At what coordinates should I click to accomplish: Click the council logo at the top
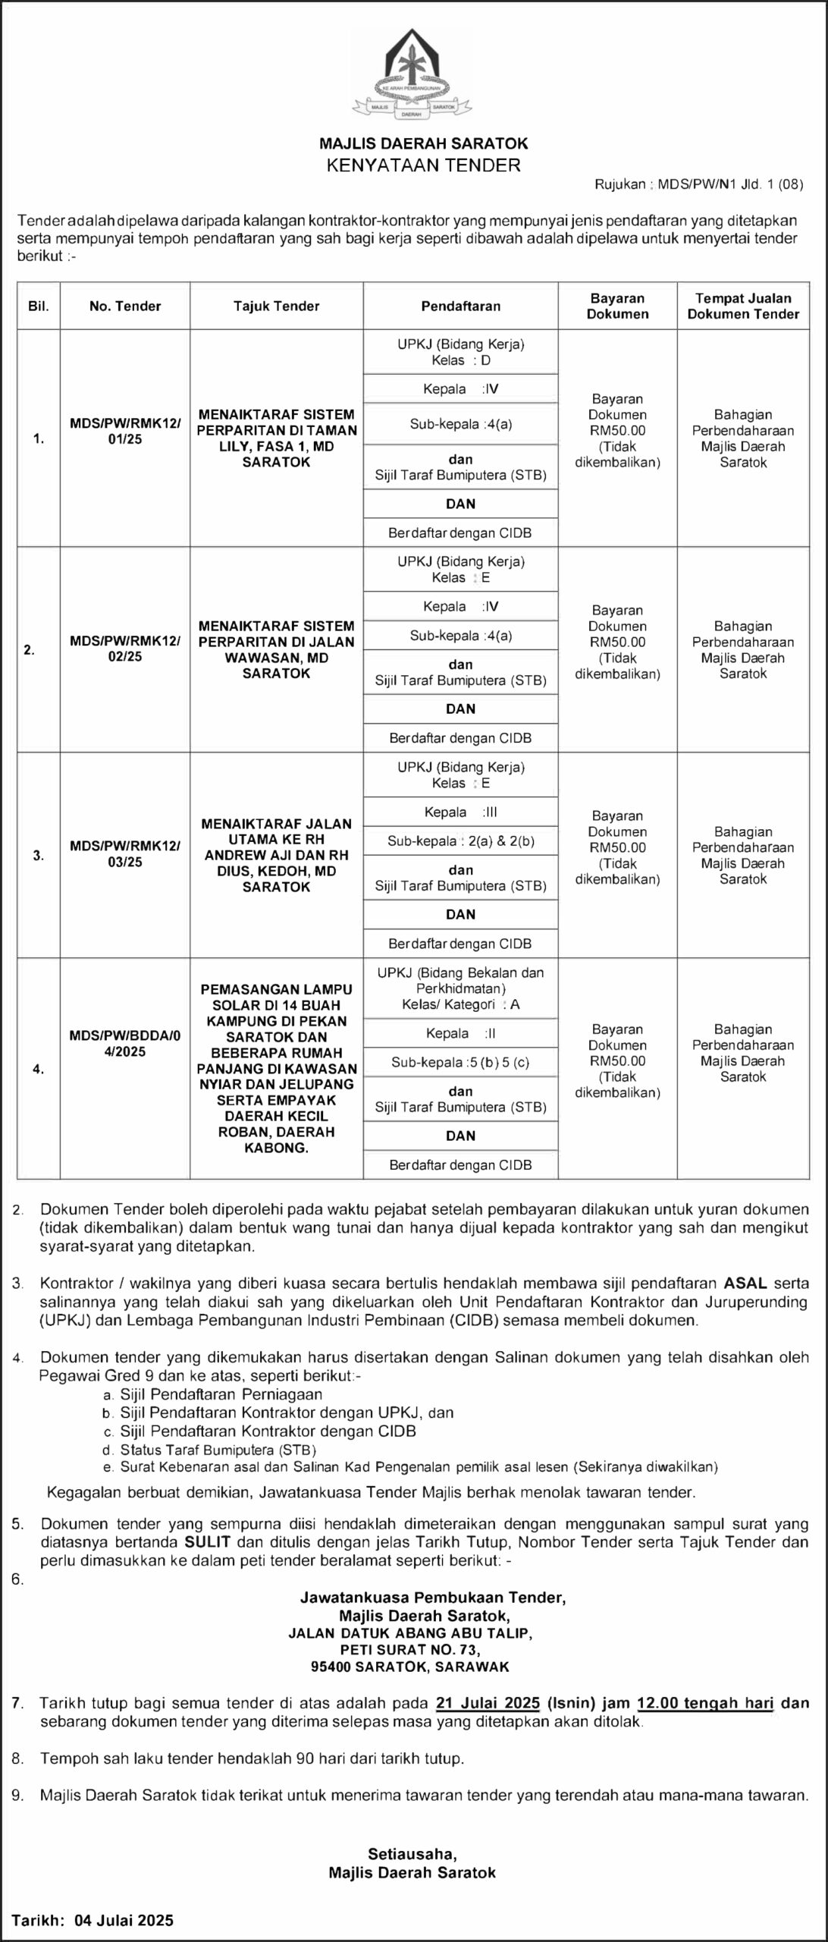[x=412, y=74]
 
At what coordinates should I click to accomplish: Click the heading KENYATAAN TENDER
[x=423, y=165]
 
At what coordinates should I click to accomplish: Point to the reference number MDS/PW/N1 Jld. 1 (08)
[x=730, y=184]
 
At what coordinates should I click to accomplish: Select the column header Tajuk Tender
[x=276, y=306]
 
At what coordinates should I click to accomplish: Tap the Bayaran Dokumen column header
[x=617, y=306]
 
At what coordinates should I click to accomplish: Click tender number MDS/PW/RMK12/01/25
[x=125, y=431]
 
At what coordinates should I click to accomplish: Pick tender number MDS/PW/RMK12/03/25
[x=125, y=854]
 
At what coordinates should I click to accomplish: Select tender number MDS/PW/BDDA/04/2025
[x=125, y=1044]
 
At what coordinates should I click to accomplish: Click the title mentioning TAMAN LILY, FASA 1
[x=276, y=438]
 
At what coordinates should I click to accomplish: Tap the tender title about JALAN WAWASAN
[x=276, y=649]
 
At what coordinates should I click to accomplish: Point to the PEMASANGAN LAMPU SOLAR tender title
[x=276, y=1068]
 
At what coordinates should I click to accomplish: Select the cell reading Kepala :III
[x=461, y=812]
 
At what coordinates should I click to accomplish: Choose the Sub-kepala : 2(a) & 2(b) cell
[x=461, y=841]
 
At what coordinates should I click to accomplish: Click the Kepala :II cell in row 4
[x=461, y=1033]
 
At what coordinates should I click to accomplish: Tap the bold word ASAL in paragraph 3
[x=746, y=1284]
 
